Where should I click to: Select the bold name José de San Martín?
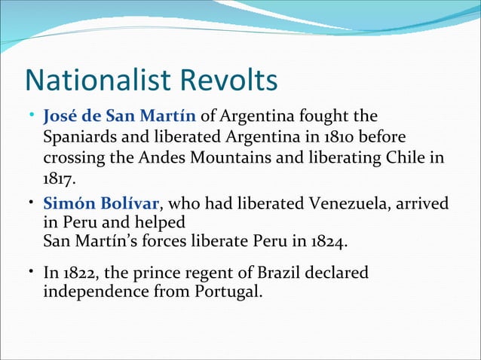pyautogui.click(x=120, y=117)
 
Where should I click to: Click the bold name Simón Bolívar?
pyautogui.click(x=101, y=203)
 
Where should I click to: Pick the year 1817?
pyautogui.click(x=58, y=181)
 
